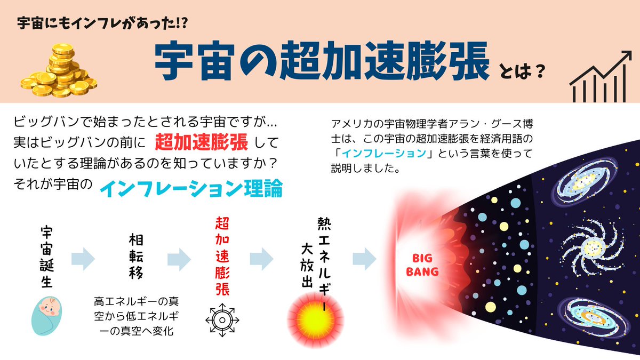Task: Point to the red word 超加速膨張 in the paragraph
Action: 202,142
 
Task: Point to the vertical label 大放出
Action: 307,267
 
